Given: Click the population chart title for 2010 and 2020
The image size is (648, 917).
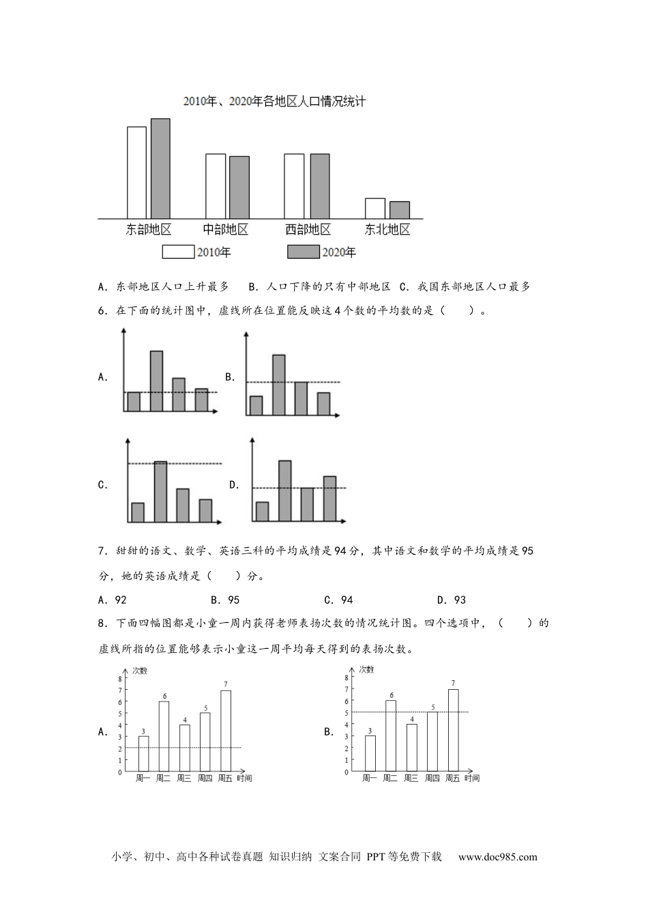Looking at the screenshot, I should [x=274, y=102].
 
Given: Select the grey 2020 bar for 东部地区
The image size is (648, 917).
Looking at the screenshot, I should [x=160, y=168].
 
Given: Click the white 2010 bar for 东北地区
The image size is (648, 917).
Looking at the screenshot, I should [x=374, y=208].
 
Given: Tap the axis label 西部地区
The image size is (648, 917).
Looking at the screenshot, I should [x=308, y=229].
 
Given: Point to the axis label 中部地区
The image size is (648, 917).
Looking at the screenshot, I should [x=226, y=229].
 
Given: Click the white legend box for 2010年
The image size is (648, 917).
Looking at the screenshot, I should [x=178, y=252].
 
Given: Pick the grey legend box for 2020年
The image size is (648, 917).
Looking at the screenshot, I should [x=303, y=252].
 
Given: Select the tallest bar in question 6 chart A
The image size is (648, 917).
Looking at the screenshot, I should [x=156, y=381].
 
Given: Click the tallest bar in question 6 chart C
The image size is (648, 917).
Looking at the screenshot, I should [x=160, y=492].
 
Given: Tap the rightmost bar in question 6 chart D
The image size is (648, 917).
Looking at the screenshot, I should [x=329, y=499].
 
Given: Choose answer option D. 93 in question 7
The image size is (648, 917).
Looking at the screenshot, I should [x=452, y=600].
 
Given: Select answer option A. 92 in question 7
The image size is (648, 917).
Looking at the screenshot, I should [x=113, y=600].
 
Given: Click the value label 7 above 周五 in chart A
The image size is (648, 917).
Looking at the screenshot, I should [x=226, y=684].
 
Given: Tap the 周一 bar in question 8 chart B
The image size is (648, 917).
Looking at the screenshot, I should [x=370, y=753].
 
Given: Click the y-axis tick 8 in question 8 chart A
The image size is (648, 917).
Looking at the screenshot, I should [x=120, y=679].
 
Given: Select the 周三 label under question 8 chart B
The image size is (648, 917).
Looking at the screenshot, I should [x=411, y=778].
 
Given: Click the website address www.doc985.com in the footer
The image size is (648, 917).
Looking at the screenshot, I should [x=497, y=857].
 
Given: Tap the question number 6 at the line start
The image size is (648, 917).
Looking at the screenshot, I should [x=102, y=311].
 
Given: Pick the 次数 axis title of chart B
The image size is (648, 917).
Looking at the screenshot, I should [x=366, y=669].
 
